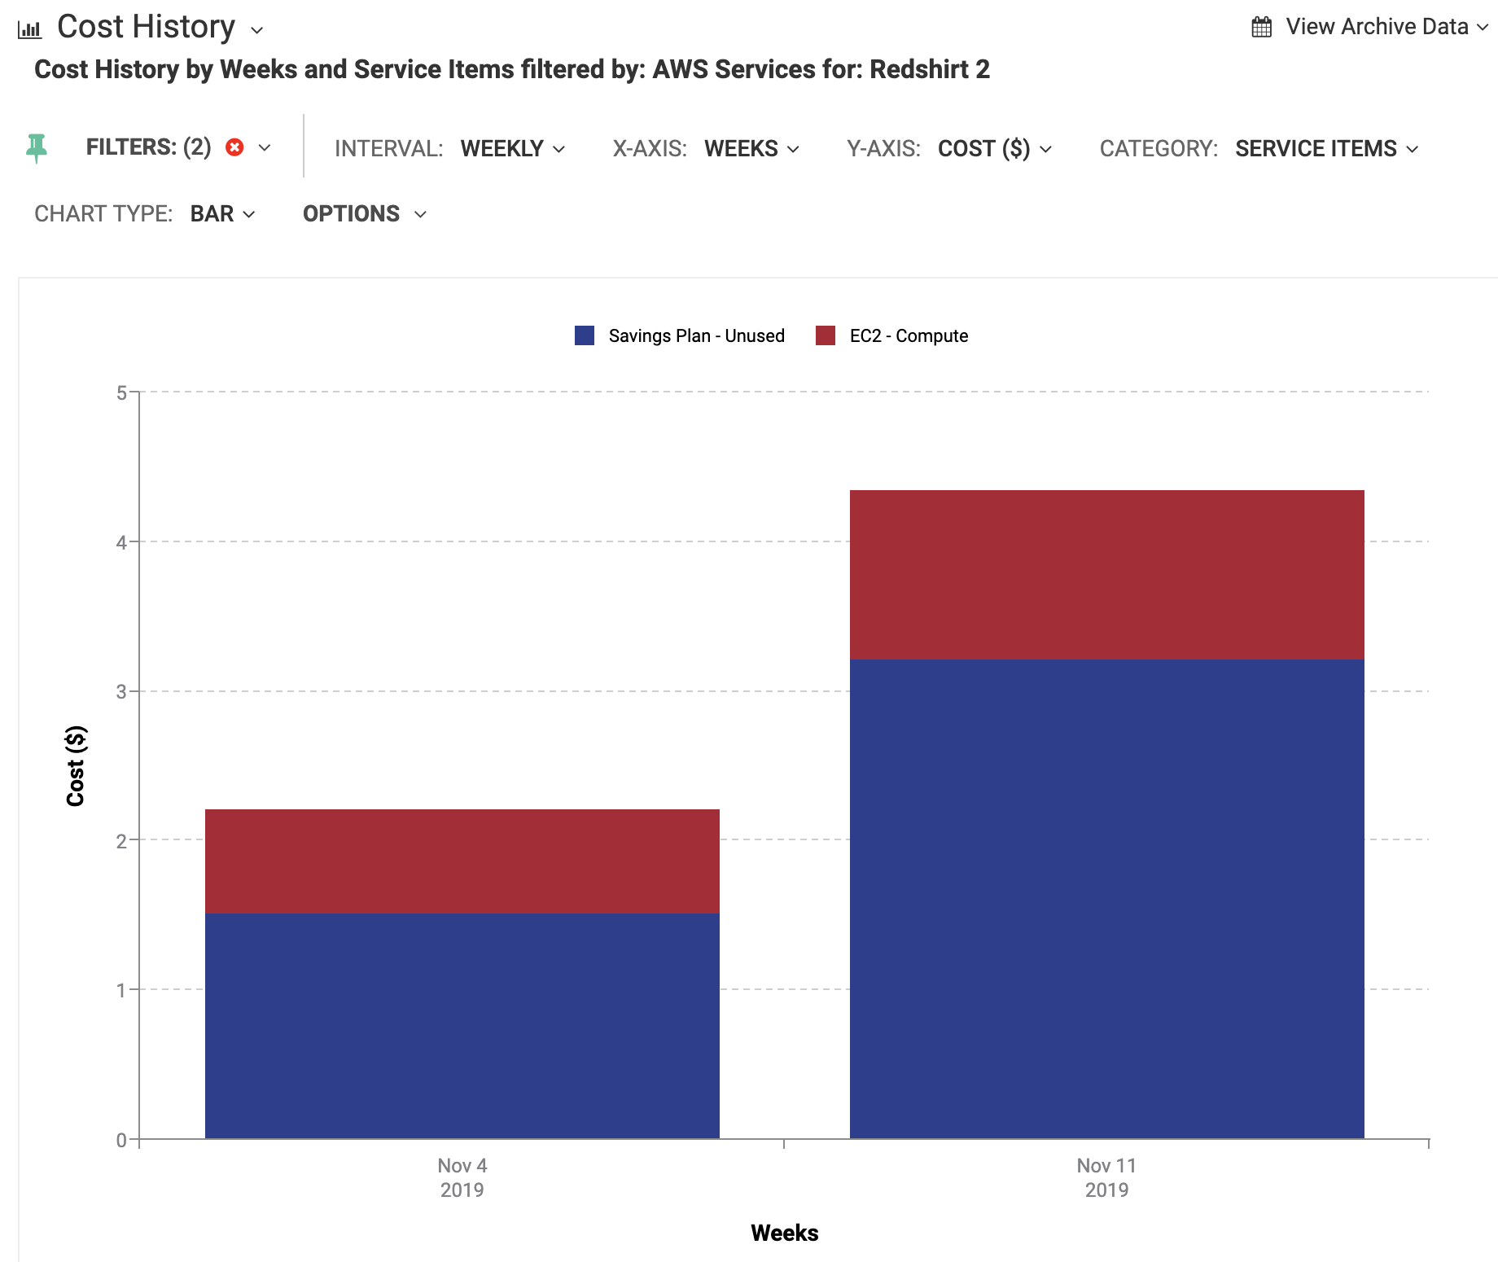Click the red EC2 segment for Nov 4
point(462,861)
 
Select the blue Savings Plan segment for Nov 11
point(1106,898)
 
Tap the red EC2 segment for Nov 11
point(1106,574)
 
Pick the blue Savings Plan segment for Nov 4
point(462,1025)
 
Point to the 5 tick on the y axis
point(122,393)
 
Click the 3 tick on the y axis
point(122,692)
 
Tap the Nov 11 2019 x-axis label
point(1106,1177)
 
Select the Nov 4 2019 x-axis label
point(462,1177)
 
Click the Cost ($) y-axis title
point(76,765)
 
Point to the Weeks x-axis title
point(784,1233)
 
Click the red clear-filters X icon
point(234,147)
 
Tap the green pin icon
point(37,148)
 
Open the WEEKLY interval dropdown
point(512,148)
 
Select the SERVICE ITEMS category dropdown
point(1326,148)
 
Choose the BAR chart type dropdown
point(222,213)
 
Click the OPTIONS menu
point(364,213)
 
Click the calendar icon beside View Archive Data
point(1261,27)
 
